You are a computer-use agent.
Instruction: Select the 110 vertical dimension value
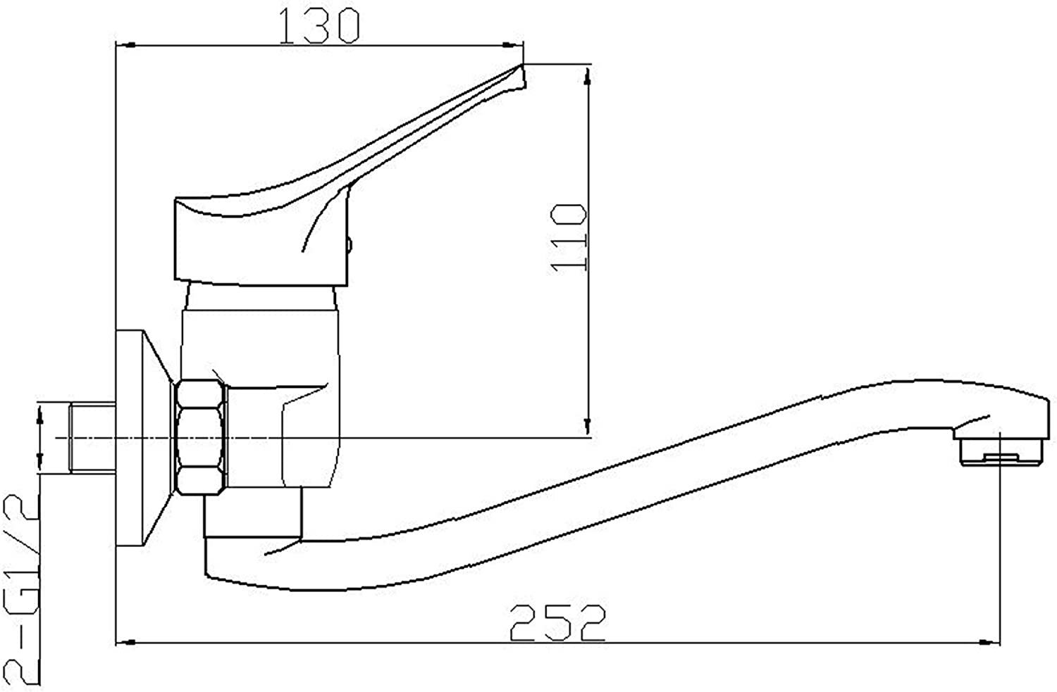569,237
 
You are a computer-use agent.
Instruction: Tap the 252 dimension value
557,623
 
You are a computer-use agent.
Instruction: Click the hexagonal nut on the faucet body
199,437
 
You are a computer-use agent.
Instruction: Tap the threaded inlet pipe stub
92,437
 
